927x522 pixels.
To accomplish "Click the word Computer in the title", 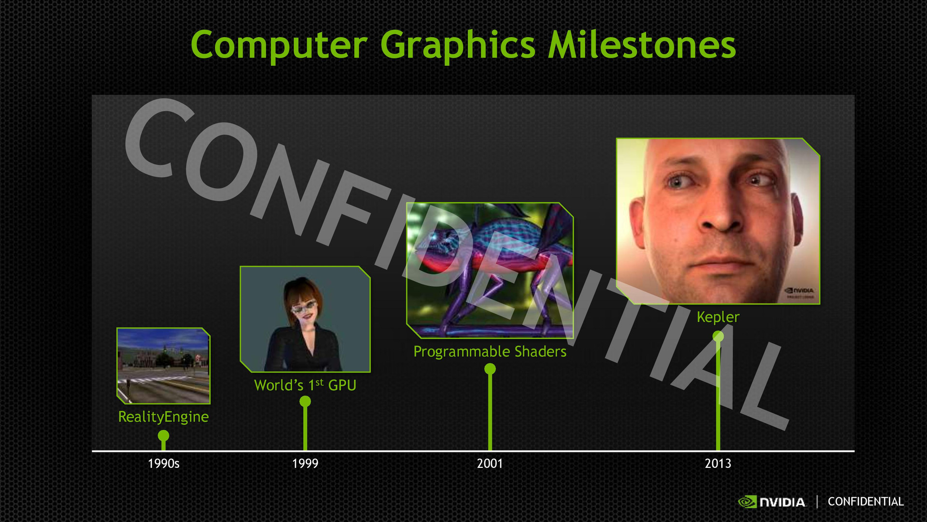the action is pos(280,45).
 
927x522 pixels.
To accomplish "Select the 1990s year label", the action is pos(164,464).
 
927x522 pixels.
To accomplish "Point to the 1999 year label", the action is pos(305,464).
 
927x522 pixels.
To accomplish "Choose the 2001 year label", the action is pos(490,464).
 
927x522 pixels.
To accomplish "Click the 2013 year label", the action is pos(718,464).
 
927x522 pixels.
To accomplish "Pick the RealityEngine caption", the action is pos(164,417).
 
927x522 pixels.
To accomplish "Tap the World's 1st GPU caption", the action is pos(305,385).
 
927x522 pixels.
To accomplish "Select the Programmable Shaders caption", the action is pos(490,352).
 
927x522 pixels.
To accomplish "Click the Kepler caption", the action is pos(718,318).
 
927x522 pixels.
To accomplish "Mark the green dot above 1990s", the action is pos(164,435).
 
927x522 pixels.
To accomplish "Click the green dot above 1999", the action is pos(305,401).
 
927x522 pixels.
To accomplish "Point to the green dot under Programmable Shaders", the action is pos(490,369).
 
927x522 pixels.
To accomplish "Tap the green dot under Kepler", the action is pos(718,336).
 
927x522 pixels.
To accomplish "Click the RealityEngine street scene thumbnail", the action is pos(164,366).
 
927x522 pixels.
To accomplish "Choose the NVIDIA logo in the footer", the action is pos(772,502).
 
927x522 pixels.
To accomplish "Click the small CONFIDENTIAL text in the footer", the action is pos(866,502).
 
